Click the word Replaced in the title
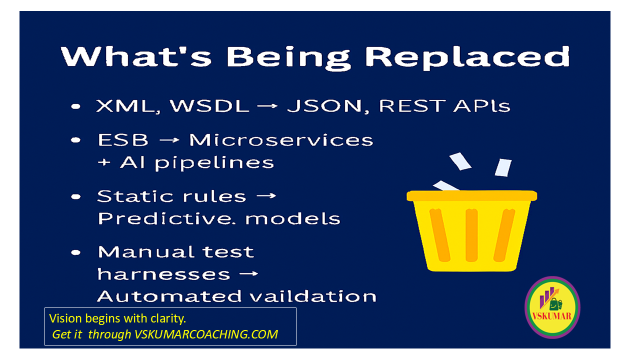click(467, 57)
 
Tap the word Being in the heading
click(288, 58)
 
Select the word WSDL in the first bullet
click(209, 105)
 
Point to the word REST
click(412, 105)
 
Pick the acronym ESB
click(123, 139)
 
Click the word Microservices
click(281, 139)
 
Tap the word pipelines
click(214, 163)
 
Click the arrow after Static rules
click(266, 196)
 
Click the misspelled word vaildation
click(313, 296)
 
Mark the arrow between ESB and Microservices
click(169, 140)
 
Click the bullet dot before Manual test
click(76, 252)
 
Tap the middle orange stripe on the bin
click(471, 235)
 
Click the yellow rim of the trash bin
click(471, 196)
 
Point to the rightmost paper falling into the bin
click(503, 167)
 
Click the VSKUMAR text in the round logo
click(551, 316)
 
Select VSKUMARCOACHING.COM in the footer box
click(206, 334)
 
